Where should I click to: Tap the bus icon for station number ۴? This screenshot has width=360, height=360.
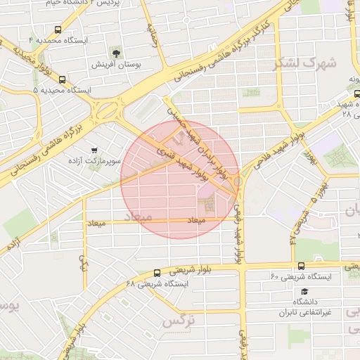57,30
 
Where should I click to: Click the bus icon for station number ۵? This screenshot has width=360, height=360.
63,79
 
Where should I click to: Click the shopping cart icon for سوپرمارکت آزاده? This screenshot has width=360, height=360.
94,150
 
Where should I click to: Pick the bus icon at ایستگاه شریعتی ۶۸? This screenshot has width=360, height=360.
156,273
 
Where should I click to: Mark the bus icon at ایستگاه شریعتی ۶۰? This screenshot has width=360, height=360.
301,266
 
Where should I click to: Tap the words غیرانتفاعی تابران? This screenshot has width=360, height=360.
309,312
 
